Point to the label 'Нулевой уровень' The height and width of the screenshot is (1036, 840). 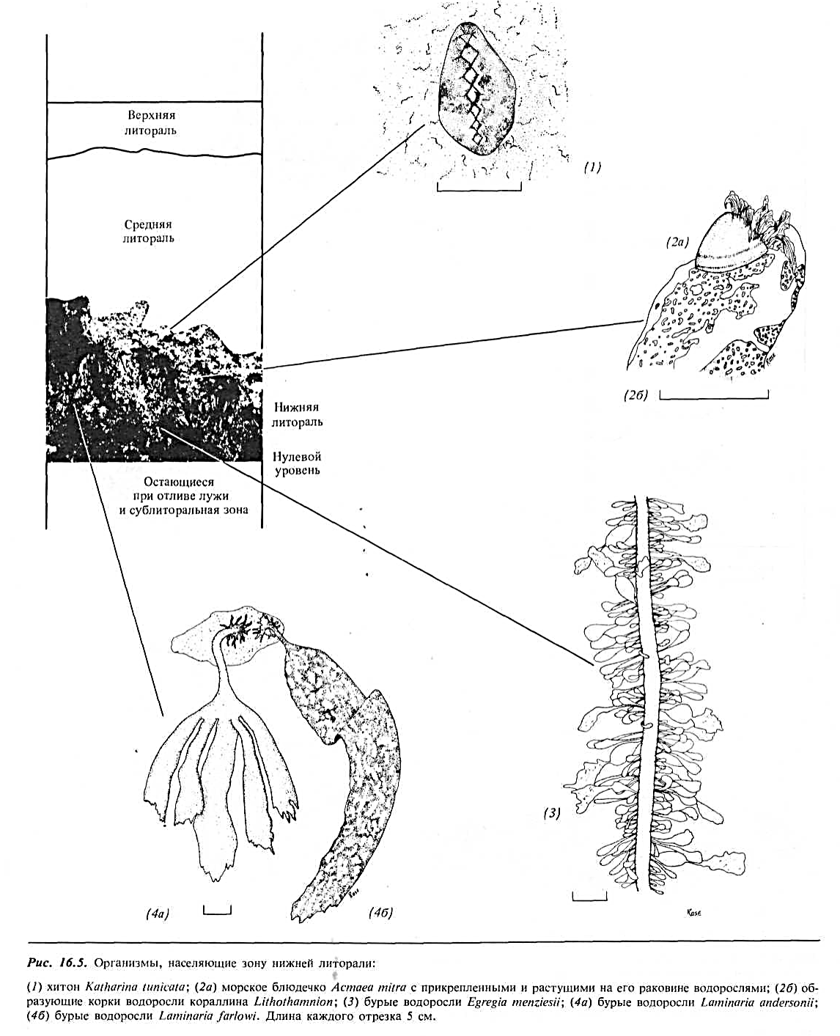coord(298,463)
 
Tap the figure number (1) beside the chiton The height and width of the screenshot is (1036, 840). coord(592,167)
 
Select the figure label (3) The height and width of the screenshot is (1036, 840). coord(552,812)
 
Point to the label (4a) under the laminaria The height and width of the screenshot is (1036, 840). coord(158,914)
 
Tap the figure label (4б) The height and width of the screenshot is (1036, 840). coord(382,914)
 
